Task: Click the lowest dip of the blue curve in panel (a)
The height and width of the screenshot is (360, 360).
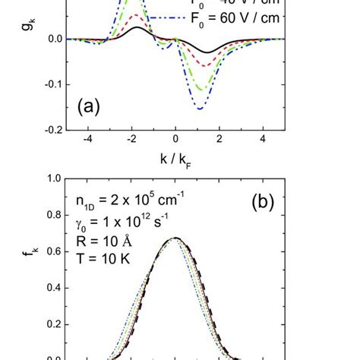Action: (x=200, y=109)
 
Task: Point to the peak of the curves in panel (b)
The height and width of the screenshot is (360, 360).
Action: (x=176, y=238)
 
